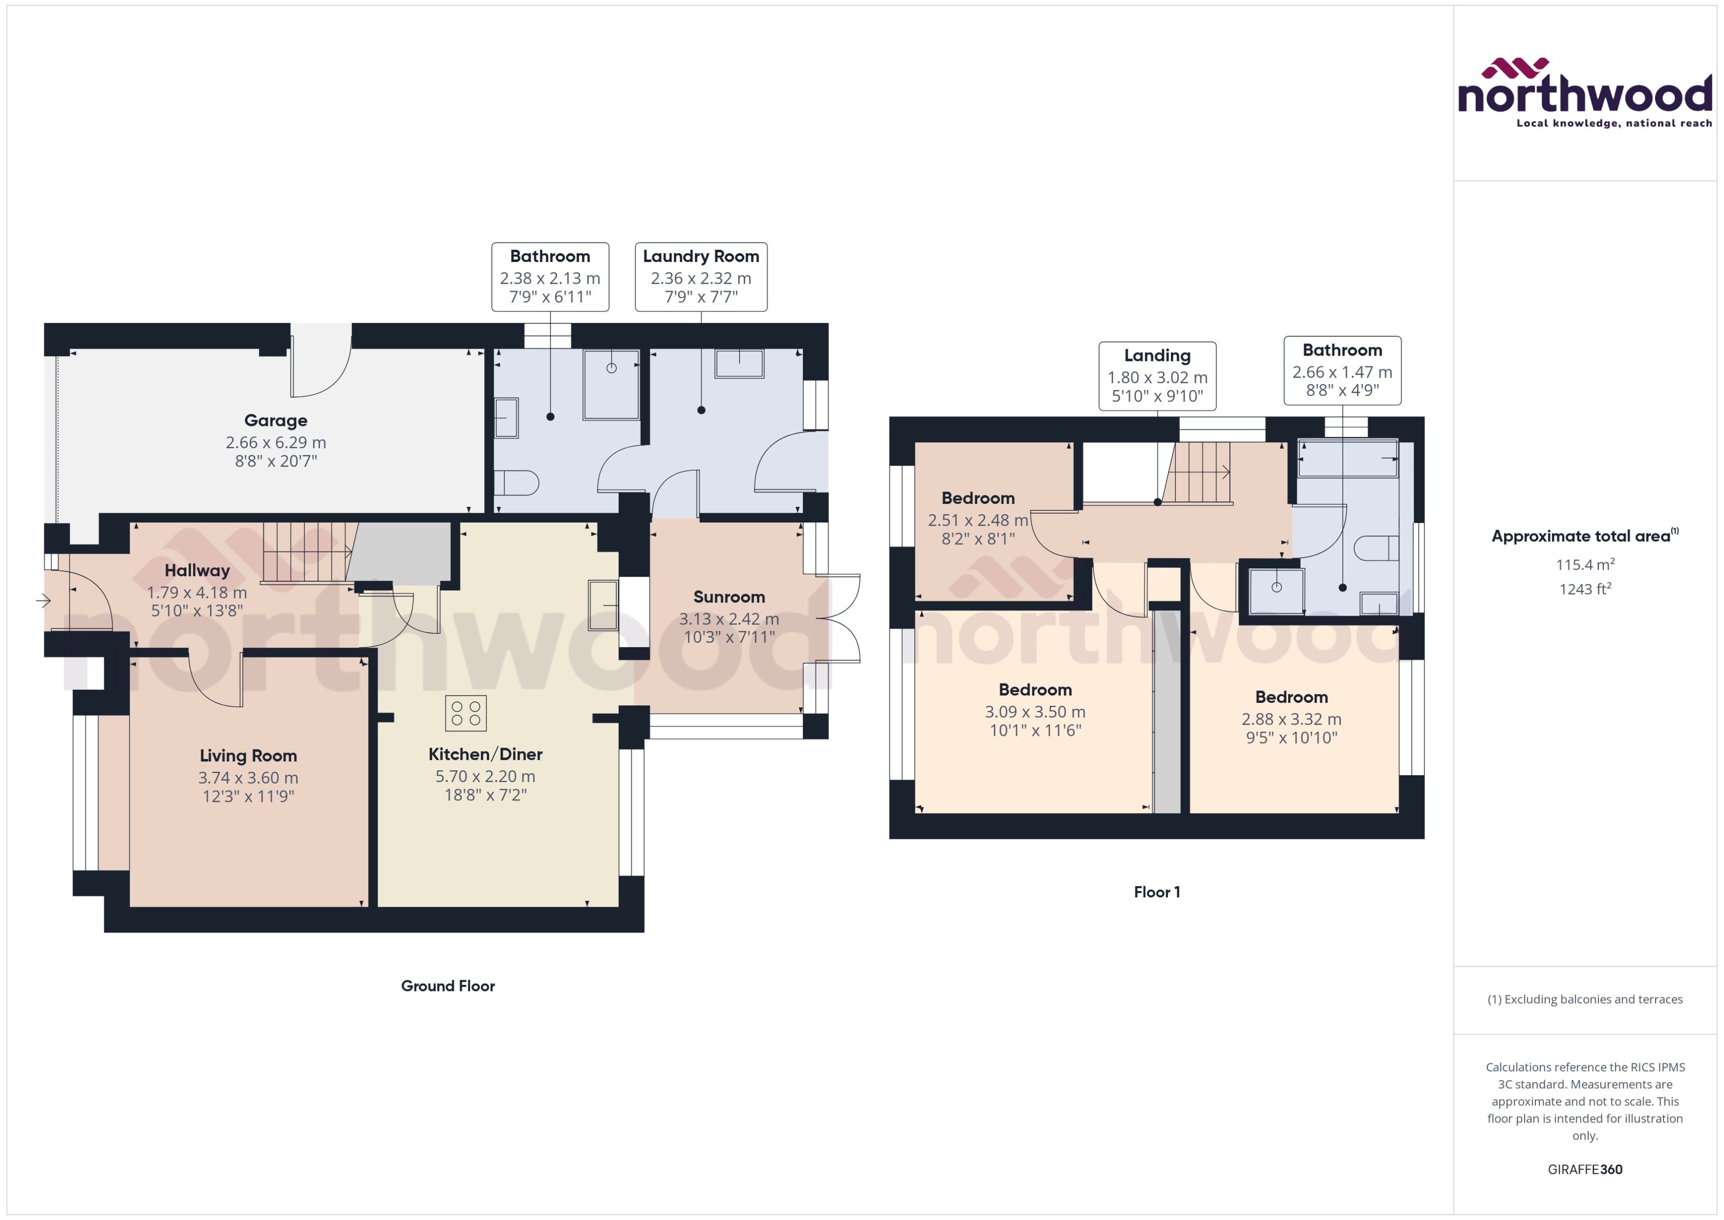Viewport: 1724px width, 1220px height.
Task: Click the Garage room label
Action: click(276, 421)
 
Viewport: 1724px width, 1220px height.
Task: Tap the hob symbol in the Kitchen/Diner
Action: click(466, 713)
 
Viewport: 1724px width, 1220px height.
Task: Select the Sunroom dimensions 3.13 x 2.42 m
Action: click(729, 619)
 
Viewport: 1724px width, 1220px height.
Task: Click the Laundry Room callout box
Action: click(701, 276)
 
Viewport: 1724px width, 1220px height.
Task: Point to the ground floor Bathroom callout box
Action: click(550, 276)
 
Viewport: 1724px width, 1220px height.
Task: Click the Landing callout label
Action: click(1157, 356)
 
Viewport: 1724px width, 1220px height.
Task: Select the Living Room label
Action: click(248, 756)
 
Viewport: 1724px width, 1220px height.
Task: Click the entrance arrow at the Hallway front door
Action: click(43, 600)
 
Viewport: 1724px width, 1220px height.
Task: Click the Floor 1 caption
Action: click(1157, 891)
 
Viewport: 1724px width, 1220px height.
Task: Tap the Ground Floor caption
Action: click(448, 986)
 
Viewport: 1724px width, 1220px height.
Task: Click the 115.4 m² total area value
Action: click(1585, 564)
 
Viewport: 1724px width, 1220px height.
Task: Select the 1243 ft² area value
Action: click(1585, 589)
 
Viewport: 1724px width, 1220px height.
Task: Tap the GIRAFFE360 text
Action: click(1585, 1169)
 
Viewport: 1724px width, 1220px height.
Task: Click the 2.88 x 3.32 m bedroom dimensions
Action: click(1292, 719)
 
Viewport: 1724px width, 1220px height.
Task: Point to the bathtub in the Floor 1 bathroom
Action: click(1348, 458)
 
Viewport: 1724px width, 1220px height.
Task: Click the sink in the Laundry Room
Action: click(739, 363)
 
